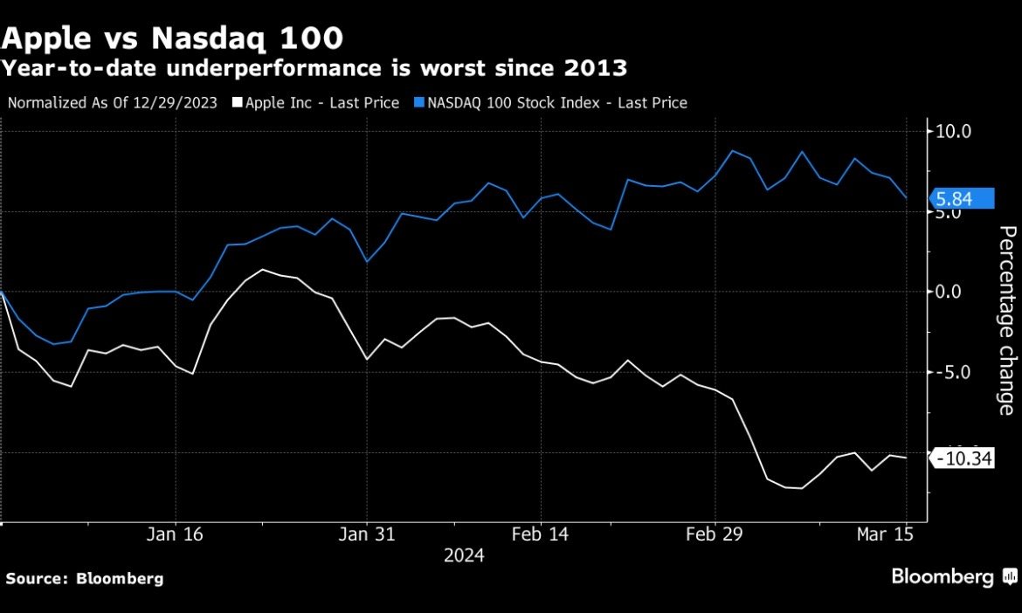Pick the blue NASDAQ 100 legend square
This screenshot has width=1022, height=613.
[x=418, y=103]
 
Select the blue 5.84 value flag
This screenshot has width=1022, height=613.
[x=963, y=199]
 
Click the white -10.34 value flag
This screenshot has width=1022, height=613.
[x=963, y=458]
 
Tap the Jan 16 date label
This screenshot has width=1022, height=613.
[x=176, y=534]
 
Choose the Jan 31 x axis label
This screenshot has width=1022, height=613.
[x=367, y=534]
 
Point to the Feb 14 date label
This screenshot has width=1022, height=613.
[x=540, y=534]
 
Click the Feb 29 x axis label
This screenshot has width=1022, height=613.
[x=715, y=534]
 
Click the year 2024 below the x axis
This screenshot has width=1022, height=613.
[x=464, y=555]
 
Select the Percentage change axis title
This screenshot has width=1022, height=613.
[x=1007, y=320]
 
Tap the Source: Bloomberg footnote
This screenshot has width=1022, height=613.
[x=85, y=578]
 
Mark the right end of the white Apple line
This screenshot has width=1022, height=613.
[x=906, y=458]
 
